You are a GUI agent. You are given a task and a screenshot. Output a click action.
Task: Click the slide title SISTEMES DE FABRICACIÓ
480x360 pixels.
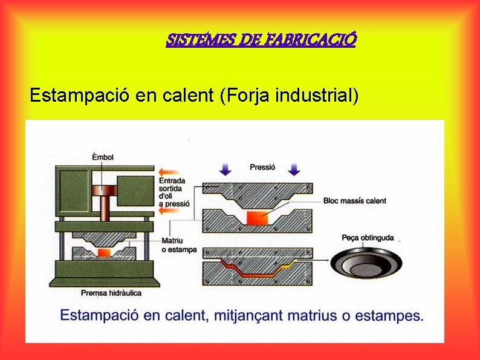click(x=261, y=41)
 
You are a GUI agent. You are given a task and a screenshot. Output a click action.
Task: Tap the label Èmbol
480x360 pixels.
click(x=102, y=157)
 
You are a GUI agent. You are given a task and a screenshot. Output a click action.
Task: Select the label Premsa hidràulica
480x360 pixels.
click(x=111, y=293)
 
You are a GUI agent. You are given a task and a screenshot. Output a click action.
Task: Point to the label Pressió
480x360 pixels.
click(x=262, y=166)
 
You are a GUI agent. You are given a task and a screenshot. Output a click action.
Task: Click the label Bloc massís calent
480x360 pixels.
click(x=354, y=201)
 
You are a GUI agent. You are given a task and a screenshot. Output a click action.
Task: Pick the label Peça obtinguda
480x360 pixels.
click(x=368, y=238)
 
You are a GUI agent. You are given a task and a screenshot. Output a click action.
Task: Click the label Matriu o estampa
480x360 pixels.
click(x=179, y=246)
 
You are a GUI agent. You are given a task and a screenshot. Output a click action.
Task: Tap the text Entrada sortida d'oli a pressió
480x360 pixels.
click(x=174, y=192)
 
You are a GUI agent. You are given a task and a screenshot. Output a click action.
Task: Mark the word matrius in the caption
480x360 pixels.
click(x=314, y=315)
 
